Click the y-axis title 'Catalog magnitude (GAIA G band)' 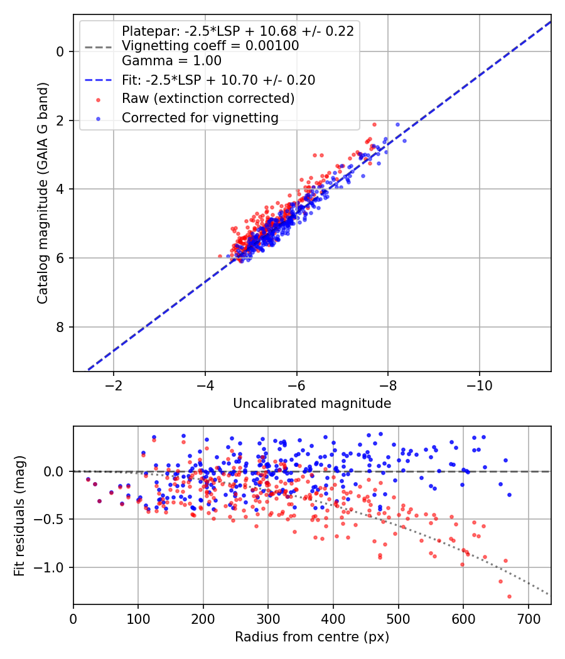click(x=43, y=193)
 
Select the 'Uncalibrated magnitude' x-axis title click(x=312, y=404)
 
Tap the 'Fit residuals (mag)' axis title click(x=19, y=516)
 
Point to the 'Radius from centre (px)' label click(x=312, y=637)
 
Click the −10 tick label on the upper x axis click(x=479, y=386)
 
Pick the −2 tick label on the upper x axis click(x=113, y=386)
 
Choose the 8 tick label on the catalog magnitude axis click(x=60, y=327)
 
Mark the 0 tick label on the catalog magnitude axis click(x=60, y=51)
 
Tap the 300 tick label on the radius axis click(x=268, y=619)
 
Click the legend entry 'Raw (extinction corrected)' click(x=208, y=99)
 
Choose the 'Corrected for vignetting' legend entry click(x=200, y=118)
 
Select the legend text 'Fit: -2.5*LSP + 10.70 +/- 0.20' click(x=218, y=80)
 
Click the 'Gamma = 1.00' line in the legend click(x=171, y=61)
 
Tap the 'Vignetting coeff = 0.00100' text click(x=210, y=46)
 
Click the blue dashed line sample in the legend click(x=99, y=80)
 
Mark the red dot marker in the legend click(x=99, y=100)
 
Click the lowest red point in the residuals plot click(x=509, y=596)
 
